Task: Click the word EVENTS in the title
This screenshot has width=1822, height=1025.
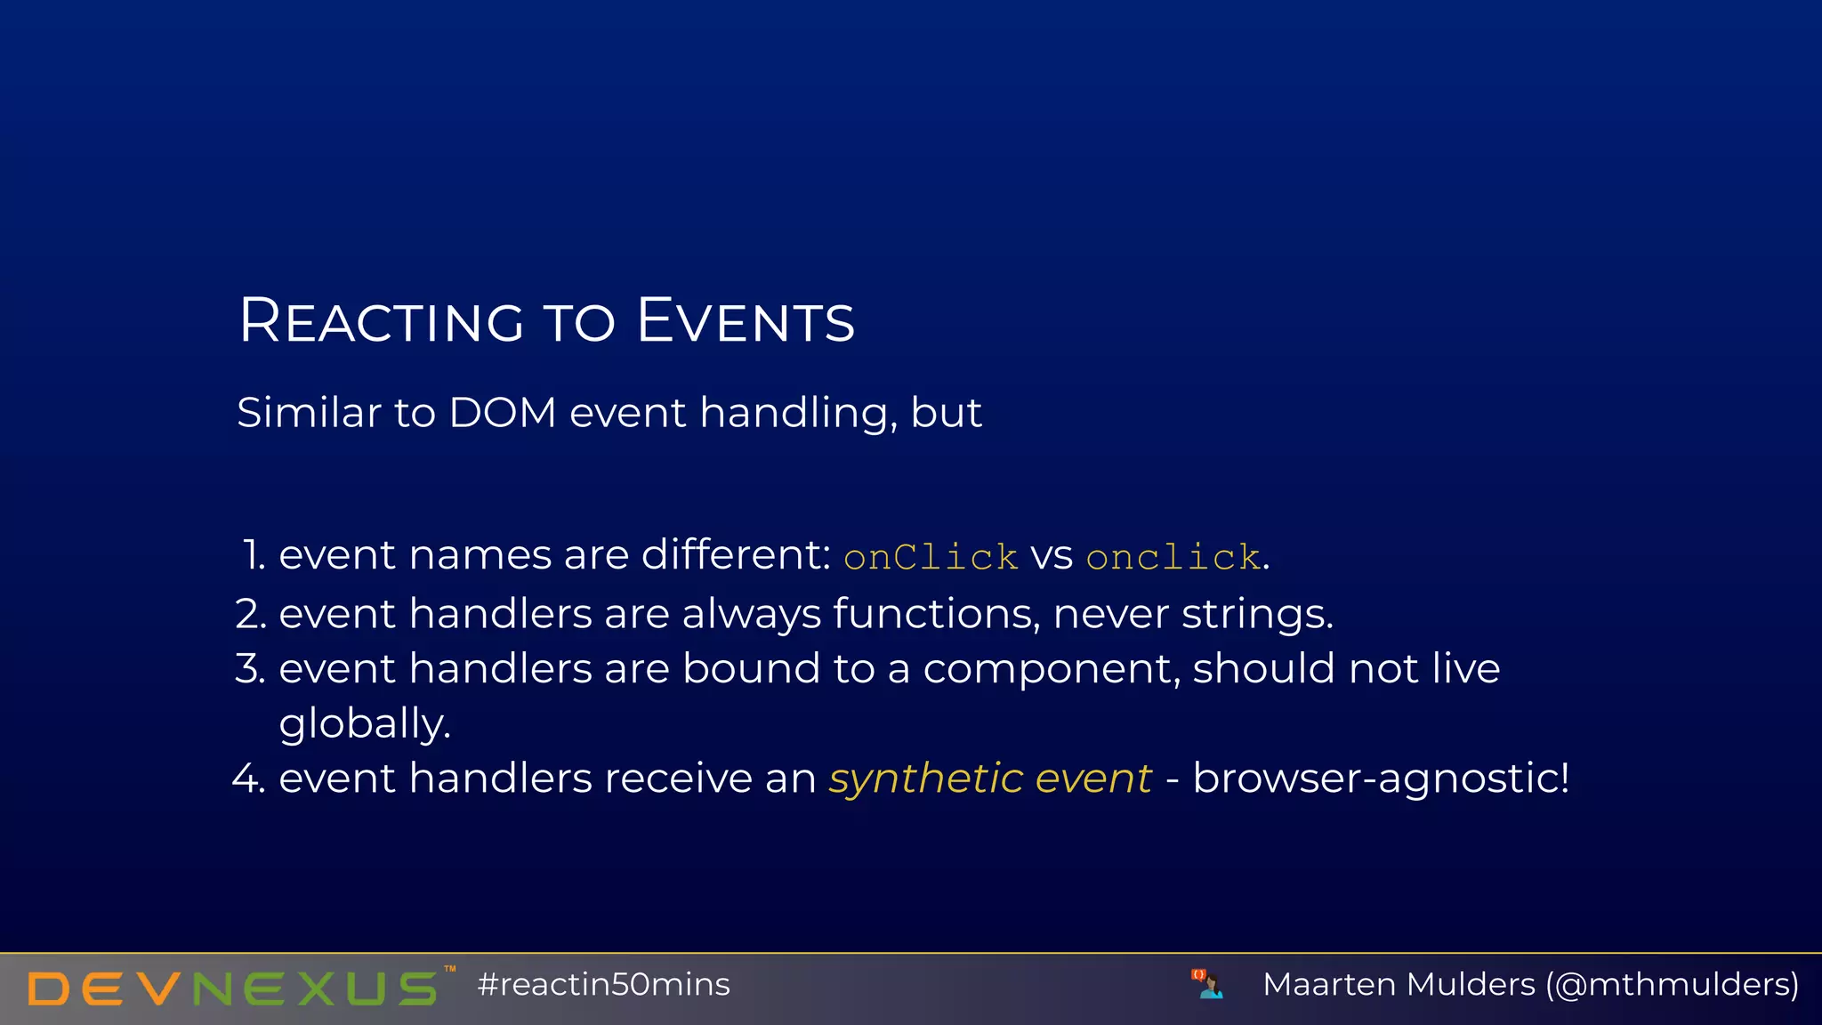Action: pos(746,320)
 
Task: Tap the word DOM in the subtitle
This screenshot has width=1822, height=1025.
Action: pos(503,413)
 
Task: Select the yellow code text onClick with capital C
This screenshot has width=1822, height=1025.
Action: pos(931,557)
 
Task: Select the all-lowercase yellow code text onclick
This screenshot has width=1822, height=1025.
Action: pos(1173,557)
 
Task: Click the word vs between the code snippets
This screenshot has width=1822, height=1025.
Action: pos(1052,557)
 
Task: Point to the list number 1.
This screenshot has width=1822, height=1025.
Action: pos(253,555)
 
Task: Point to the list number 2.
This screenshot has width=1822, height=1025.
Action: pos(251,614)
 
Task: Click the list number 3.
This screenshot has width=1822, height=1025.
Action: pos(251,668)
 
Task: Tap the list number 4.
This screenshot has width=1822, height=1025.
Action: pos(249,778)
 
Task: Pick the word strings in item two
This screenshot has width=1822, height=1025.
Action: pos(1255,614)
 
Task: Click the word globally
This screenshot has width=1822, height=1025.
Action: pos(365,723)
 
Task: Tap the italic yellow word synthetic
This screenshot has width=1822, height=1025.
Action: pos(925,779)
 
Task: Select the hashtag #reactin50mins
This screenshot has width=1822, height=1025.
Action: pos(603,985)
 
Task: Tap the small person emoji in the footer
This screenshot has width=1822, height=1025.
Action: pos(1208,985)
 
